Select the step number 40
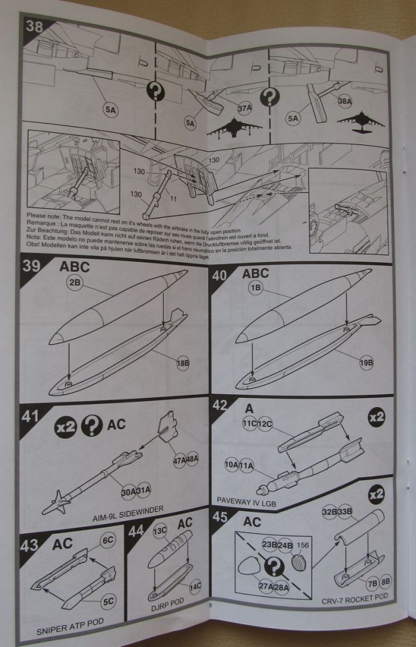point(220,275)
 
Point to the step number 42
point(220,405)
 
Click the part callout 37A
point(244,107)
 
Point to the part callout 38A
point(345,101)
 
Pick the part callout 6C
point(107,539)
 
